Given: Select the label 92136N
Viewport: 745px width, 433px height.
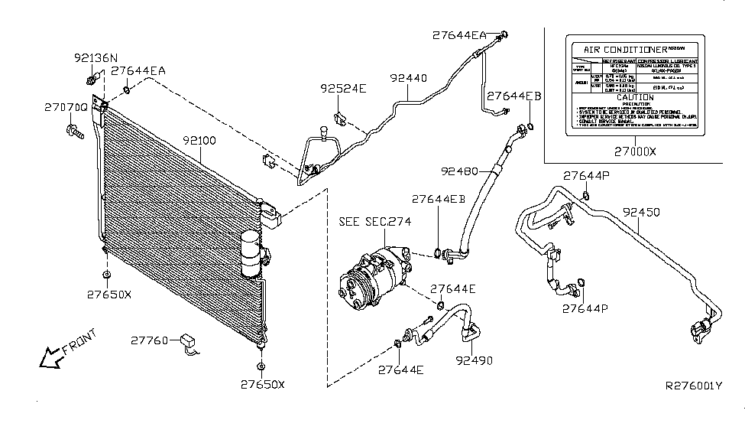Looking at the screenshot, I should [96, 57].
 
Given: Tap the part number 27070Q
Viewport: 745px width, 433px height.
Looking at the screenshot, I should [64, 110].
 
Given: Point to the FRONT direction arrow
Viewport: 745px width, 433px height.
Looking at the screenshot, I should [65, 348].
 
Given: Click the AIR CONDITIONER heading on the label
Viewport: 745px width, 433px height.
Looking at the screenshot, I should [620, 49].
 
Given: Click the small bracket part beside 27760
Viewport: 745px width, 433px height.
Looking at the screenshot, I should [188, 343].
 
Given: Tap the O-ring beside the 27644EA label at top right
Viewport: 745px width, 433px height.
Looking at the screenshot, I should [505, 34].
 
